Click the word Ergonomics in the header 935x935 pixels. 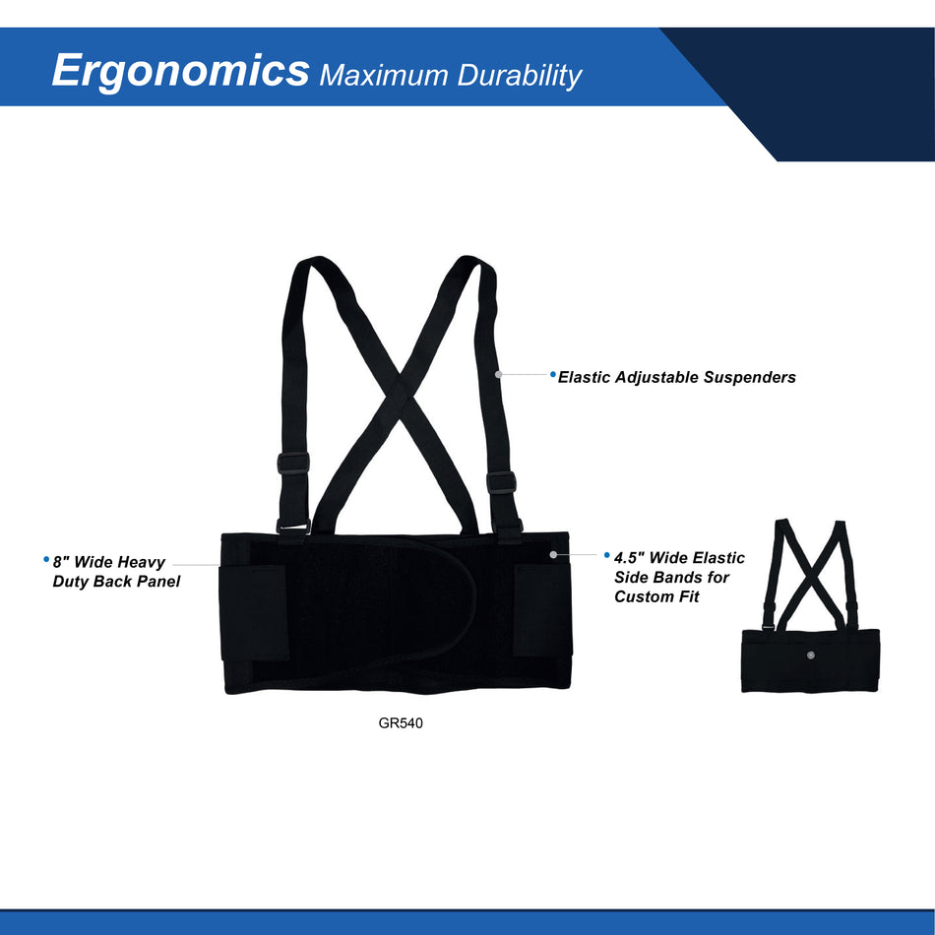tap(180, 71)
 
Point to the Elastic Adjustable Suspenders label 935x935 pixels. tap(676, 377)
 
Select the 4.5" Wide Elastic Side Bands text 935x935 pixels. tap(679, 577)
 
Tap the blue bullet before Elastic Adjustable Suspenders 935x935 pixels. tap(553, 374)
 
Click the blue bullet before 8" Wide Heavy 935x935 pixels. tap(46, 559)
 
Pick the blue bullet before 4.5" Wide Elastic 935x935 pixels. tap(607, 556)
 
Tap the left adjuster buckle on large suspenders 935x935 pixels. tap(293, 463)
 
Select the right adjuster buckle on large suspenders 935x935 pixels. tap(501, 483)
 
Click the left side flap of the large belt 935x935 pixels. tap(254, 610)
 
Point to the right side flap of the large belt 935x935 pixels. tap(542, 610)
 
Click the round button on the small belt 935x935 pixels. tap(809, 654)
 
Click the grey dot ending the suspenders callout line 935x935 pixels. tap(499, 374)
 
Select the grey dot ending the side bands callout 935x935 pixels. tap(554, 555)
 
